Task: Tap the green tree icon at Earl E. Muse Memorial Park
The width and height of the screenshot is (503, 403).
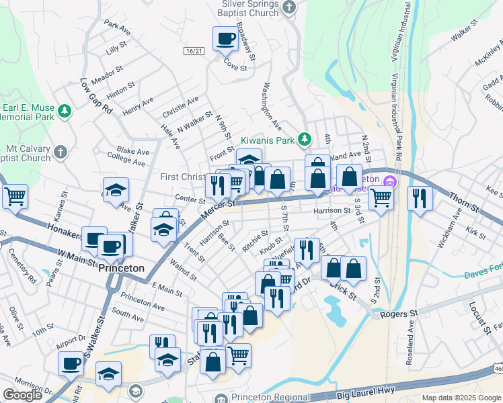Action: (x=65, y=110)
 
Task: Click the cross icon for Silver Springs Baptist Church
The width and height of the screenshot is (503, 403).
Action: (x=289, y=7)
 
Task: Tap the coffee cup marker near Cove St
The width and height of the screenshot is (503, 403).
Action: (x=225, y=38)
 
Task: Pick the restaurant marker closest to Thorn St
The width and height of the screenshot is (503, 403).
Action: (x=420, y=197)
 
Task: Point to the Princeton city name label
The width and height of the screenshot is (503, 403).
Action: (x=122, y=267)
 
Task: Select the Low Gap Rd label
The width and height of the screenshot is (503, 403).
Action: (x=95, y=97)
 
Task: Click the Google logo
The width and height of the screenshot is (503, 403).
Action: (x=22, y=395)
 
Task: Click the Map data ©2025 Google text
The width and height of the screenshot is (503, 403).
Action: (x=462, y=398)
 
